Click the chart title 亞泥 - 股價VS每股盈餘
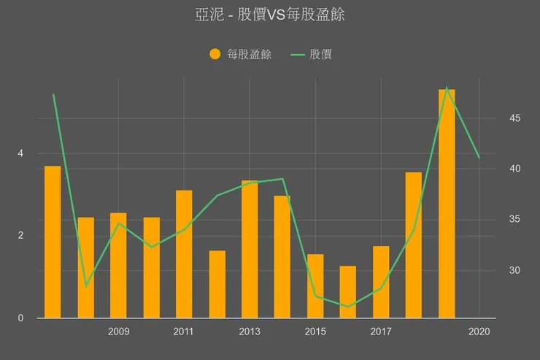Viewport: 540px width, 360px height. coord(270,15)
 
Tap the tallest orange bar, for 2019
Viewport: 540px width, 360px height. coord(447,204)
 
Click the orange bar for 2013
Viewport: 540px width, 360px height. coord(250,249)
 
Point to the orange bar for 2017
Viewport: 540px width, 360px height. coord(381,282)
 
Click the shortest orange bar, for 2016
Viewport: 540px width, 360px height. coord(348,291)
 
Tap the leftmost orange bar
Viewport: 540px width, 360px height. coord(53,242)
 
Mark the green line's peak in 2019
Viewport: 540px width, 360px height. coord(447,88)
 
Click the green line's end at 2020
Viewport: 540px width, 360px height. coord(479,158)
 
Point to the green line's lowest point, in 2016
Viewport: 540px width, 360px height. coord(348,307)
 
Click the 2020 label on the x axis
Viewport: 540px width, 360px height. coord(479,332)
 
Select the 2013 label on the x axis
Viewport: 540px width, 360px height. coord(250,332)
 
